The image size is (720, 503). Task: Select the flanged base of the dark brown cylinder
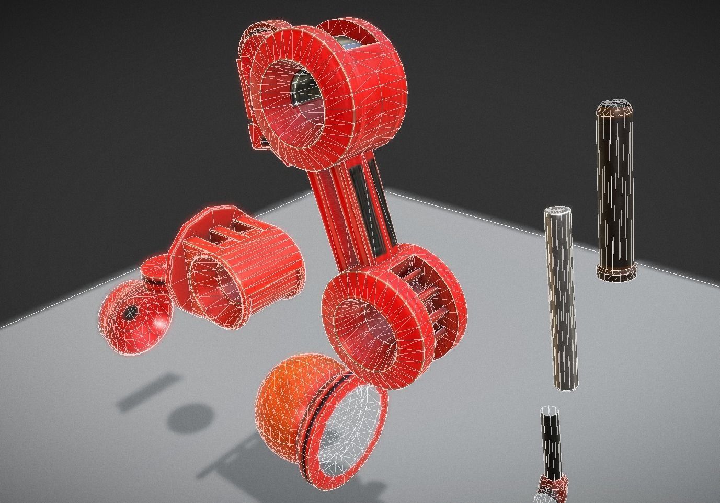pos(616,273)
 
